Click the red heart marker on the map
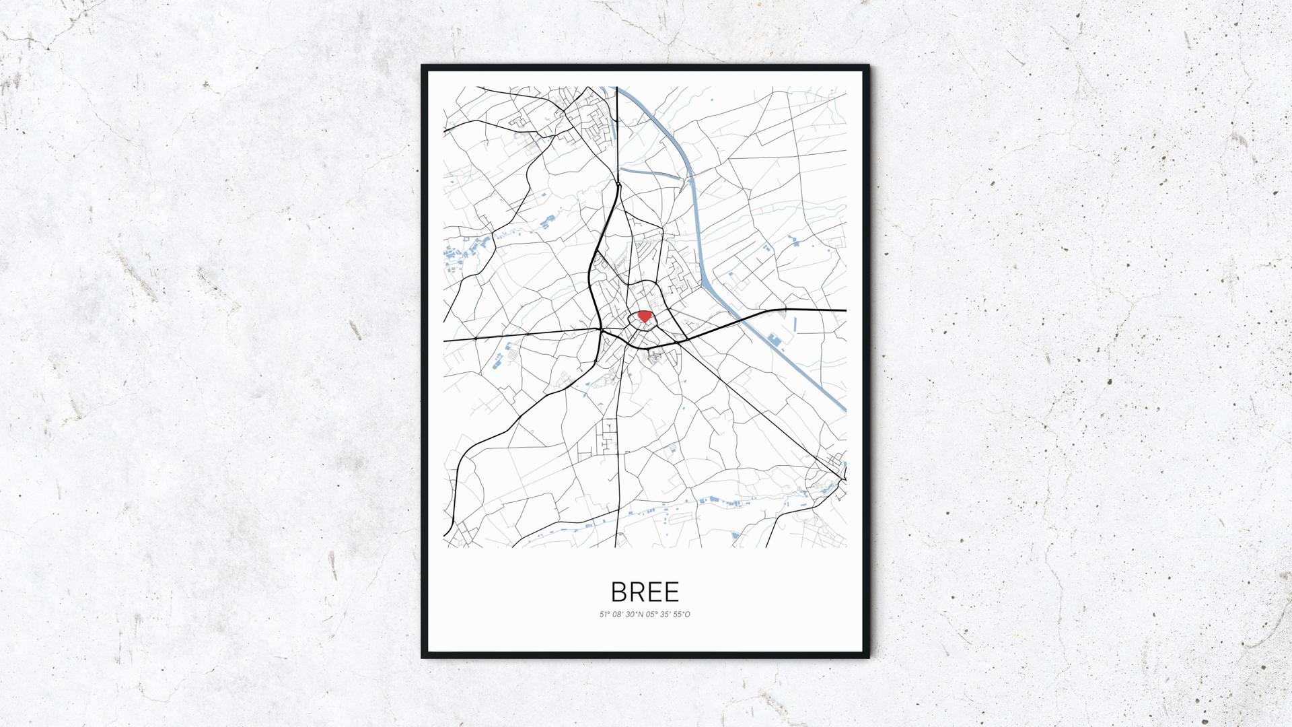tap(644, 316)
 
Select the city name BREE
tap(645, 592)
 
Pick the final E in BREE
tap(672, 592)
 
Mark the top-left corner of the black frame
tap(423, 66)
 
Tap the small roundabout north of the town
tap(617, 182)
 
